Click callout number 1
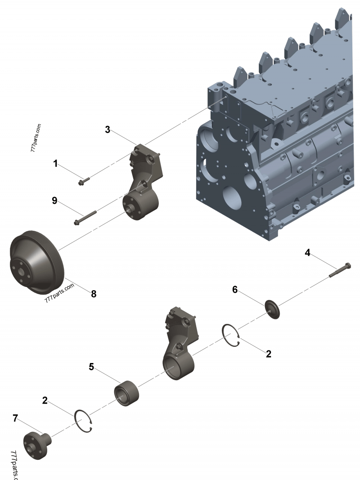(x=55, y=164)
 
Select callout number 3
(x=108, y=130)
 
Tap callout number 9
(x=54, y=201)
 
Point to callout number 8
(x=94, y=294)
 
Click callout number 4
(x=307, y=252)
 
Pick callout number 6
(x=234, y=289)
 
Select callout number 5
(x=91, y=367)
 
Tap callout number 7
(x=15, y=418)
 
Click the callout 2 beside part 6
(x=269, y=354)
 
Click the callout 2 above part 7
(x=45, y=399)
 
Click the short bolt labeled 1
(x=84, y=181)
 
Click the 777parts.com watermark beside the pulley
(x=59, y=291)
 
